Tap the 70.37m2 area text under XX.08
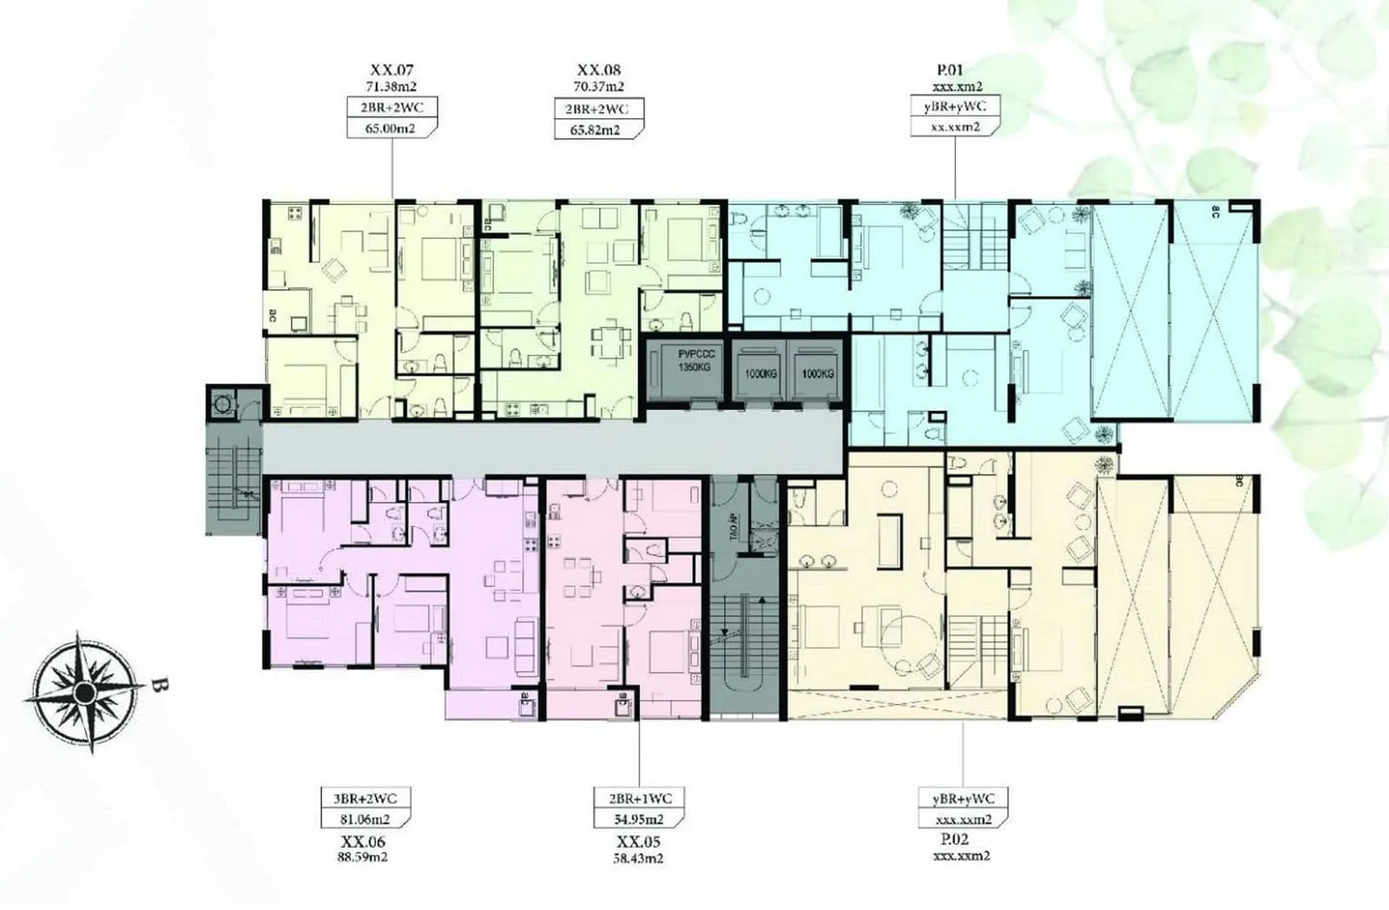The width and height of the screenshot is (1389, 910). pyautogui.click(x=598, y=86)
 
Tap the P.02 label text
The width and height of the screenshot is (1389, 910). pyautogui.click(x=953, y=840)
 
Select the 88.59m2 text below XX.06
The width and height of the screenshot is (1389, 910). pyautogui.click(x=363, y=856)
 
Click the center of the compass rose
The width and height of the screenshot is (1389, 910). pyautogui.click(x=84, y=692)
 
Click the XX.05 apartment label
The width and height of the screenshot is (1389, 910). pyautogui.click(x=640, y=841)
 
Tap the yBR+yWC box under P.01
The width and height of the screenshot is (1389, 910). pyautogui.click(x=955, y=107)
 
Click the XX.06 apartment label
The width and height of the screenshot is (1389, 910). pyautogui.click(x=363, y=841)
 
